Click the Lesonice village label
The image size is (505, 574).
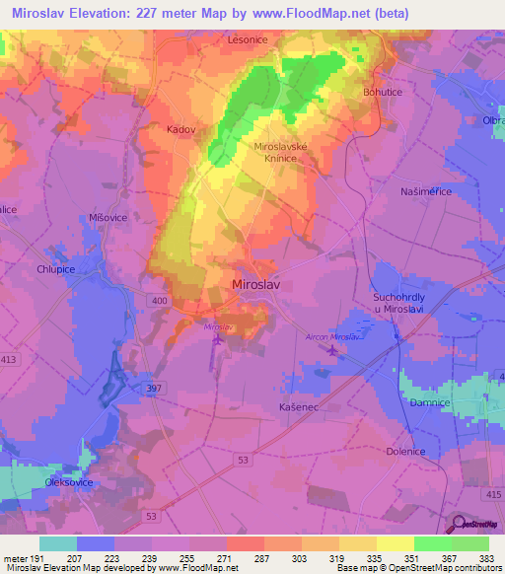click(x=248, y=39)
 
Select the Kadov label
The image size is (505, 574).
click(x=182, y=128)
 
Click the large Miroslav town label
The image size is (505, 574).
click(x=259, y=285)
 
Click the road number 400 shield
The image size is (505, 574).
click(x=160, y=300)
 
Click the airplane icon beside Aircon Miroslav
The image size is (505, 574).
click(x=332, y=351)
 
